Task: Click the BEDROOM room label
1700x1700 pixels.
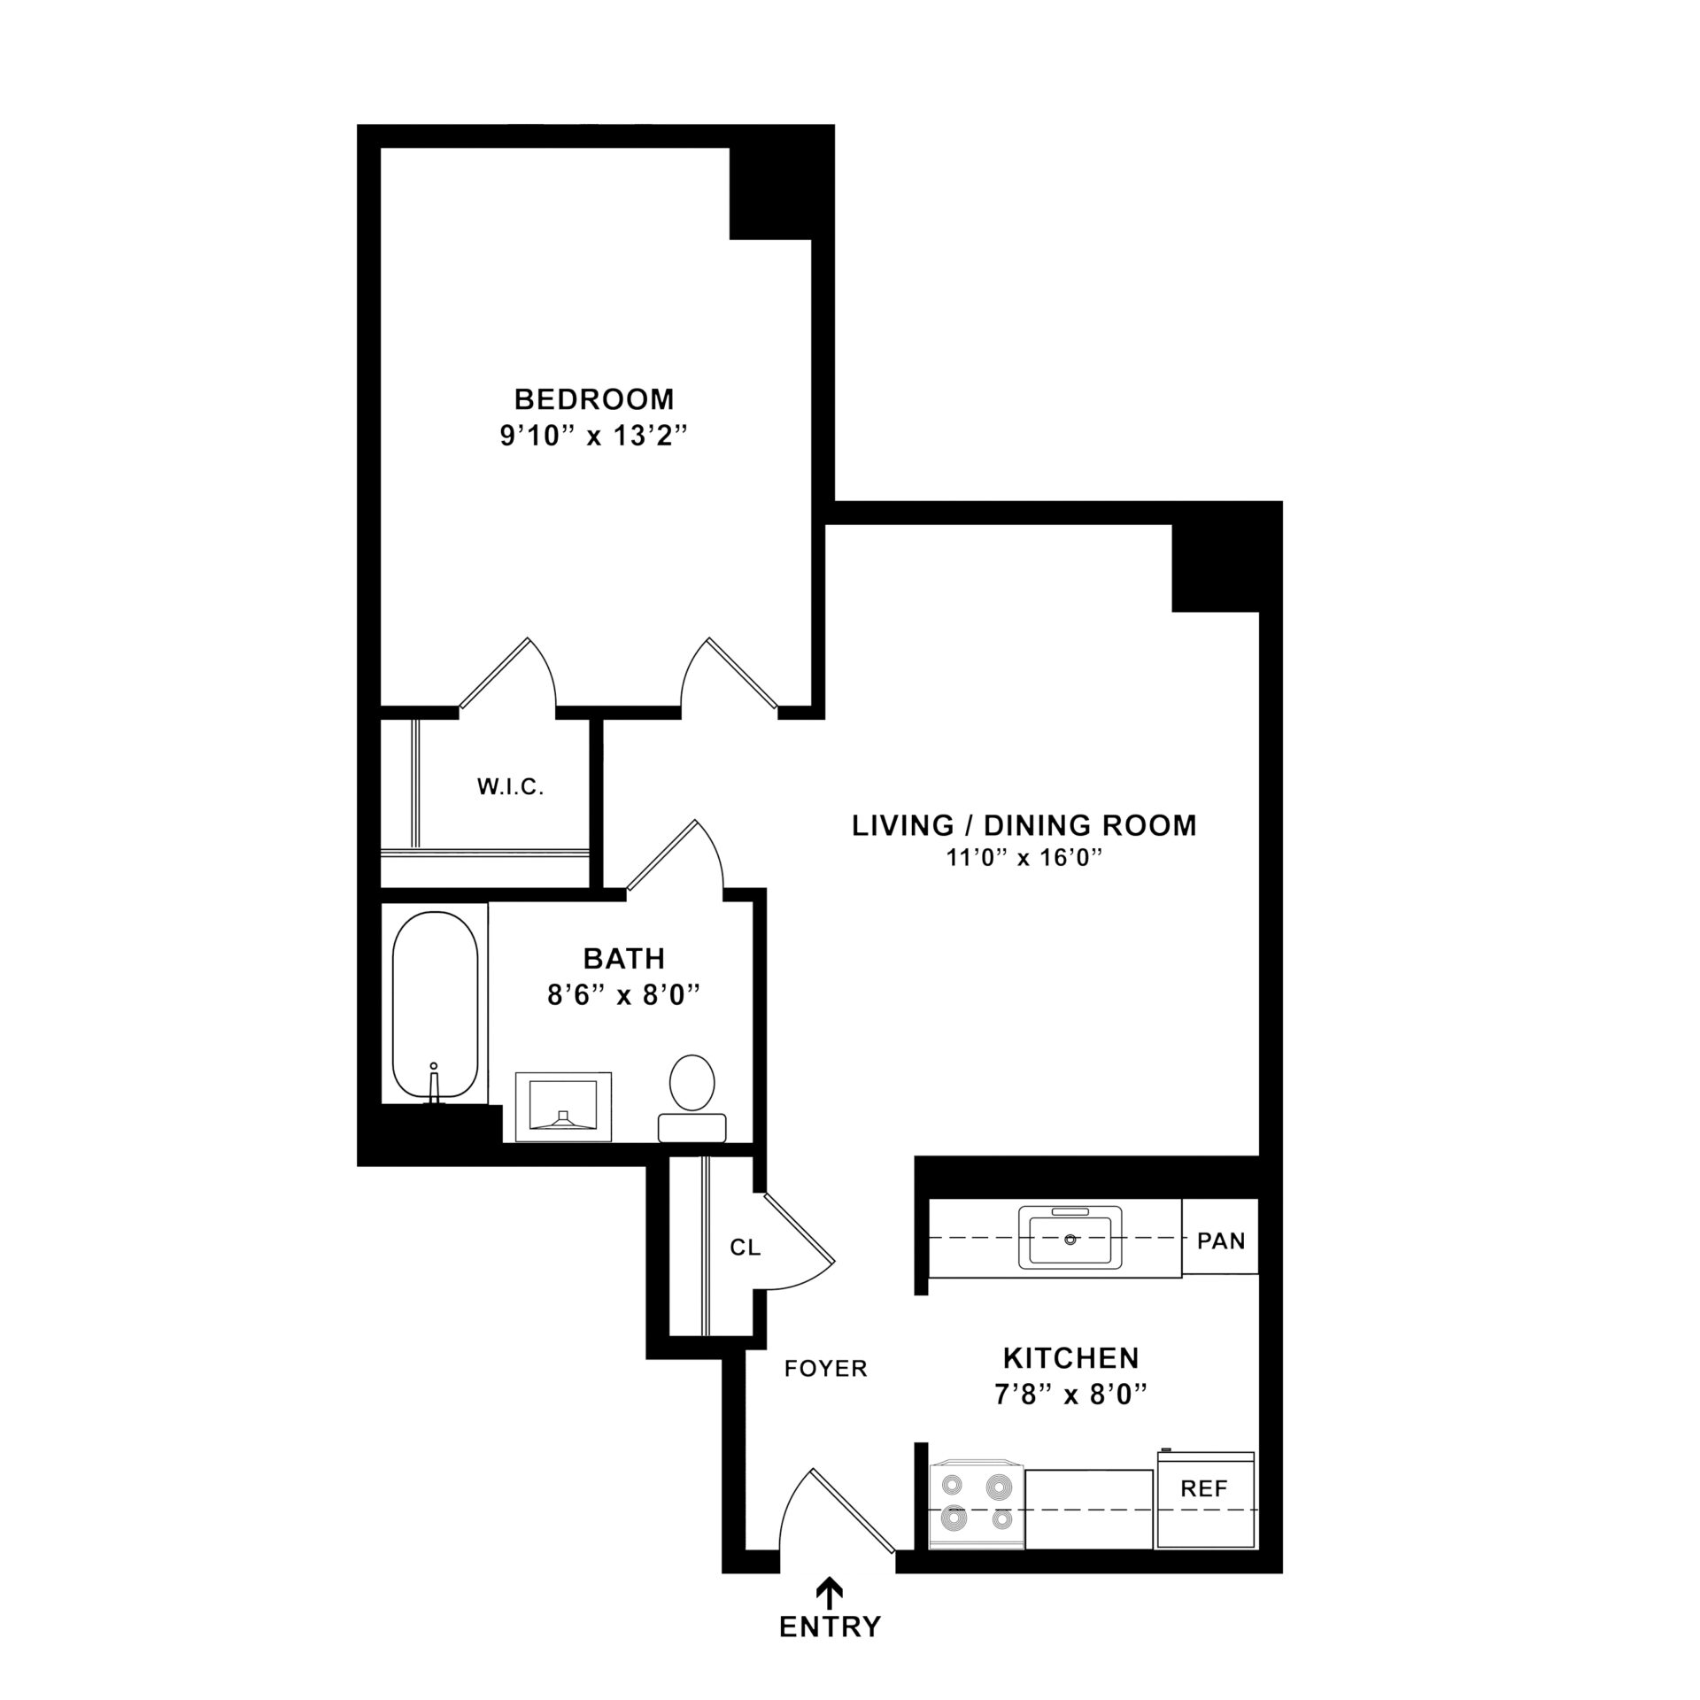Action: (594, 399)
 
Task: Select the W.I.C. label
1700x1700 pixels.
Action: (510, 787)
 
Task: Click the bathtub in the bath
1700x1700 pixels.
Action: (435, 1005)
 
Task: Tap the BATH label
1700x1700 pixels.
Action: (623, 958)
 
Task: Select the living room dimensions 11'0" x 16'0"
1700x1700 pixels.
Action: (1024, 858)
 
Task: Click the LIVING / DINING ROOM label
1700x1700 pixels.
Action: (1024, 825)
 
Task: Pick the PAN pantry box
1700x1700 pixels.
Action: (1220, 1240)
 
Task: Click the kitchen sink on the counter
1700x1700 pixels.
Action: (1070, 1239)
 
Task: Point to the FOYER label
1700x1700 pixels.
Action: (825, 1369)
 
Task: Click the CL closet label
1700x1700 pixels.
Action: (745, 1248)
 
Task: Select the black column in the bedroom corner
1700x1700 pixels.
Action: (769, 193)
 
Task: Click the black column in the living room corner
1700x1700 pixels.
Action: (1215, 567)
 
